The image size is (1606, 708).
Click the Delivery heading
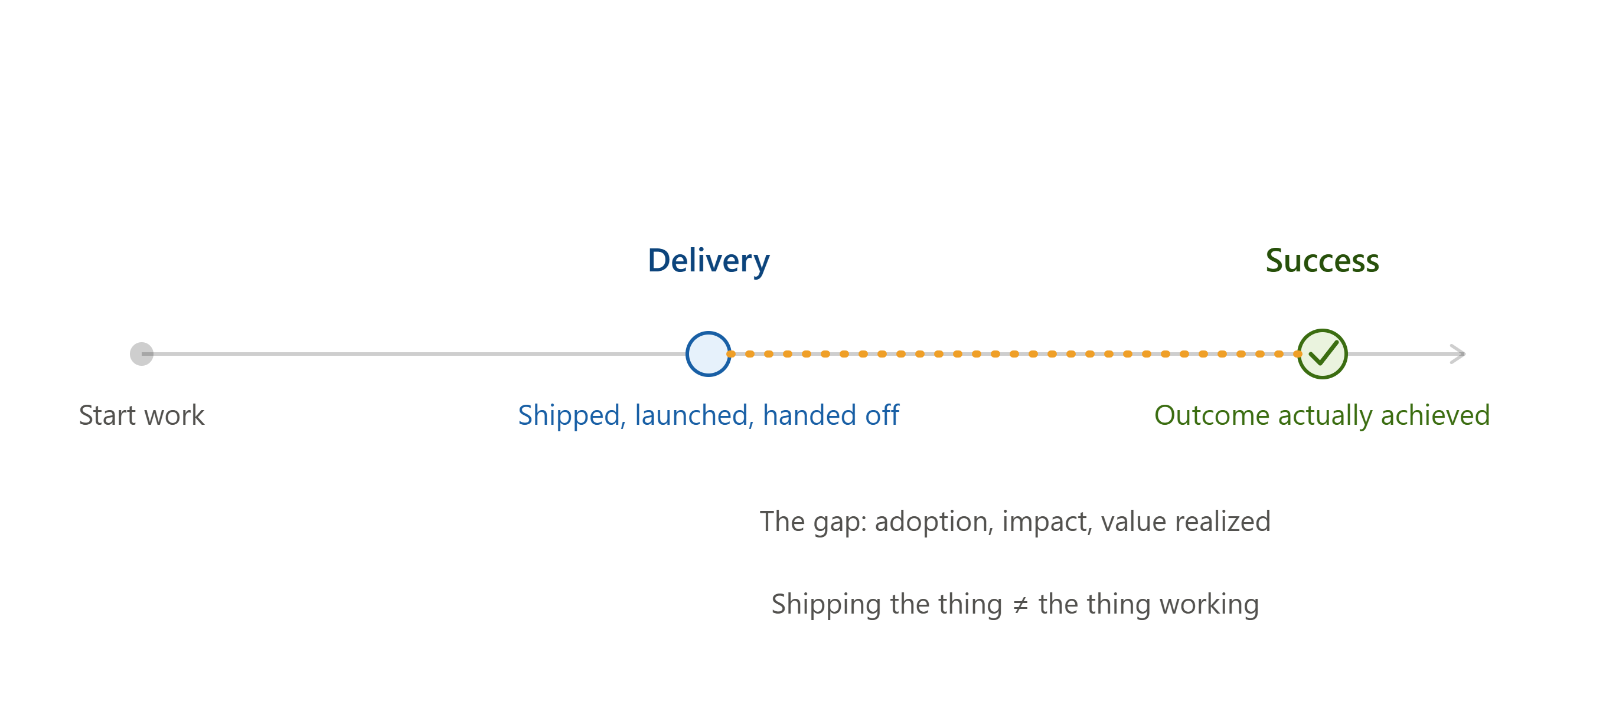[x=709, y=261]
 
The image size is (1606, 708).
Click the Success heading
[x=1323, y=261]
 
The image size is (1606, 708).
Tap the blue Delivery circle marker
[x=709, y=354]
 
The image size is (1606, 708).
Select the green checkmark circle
[x=1323, y=354]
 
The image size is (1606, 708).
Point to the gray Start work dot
[x=142, y=354]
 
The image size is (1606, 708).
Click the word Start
[x=107, y=415]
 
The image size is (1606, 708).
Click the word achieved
[x=1436, y=415]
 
